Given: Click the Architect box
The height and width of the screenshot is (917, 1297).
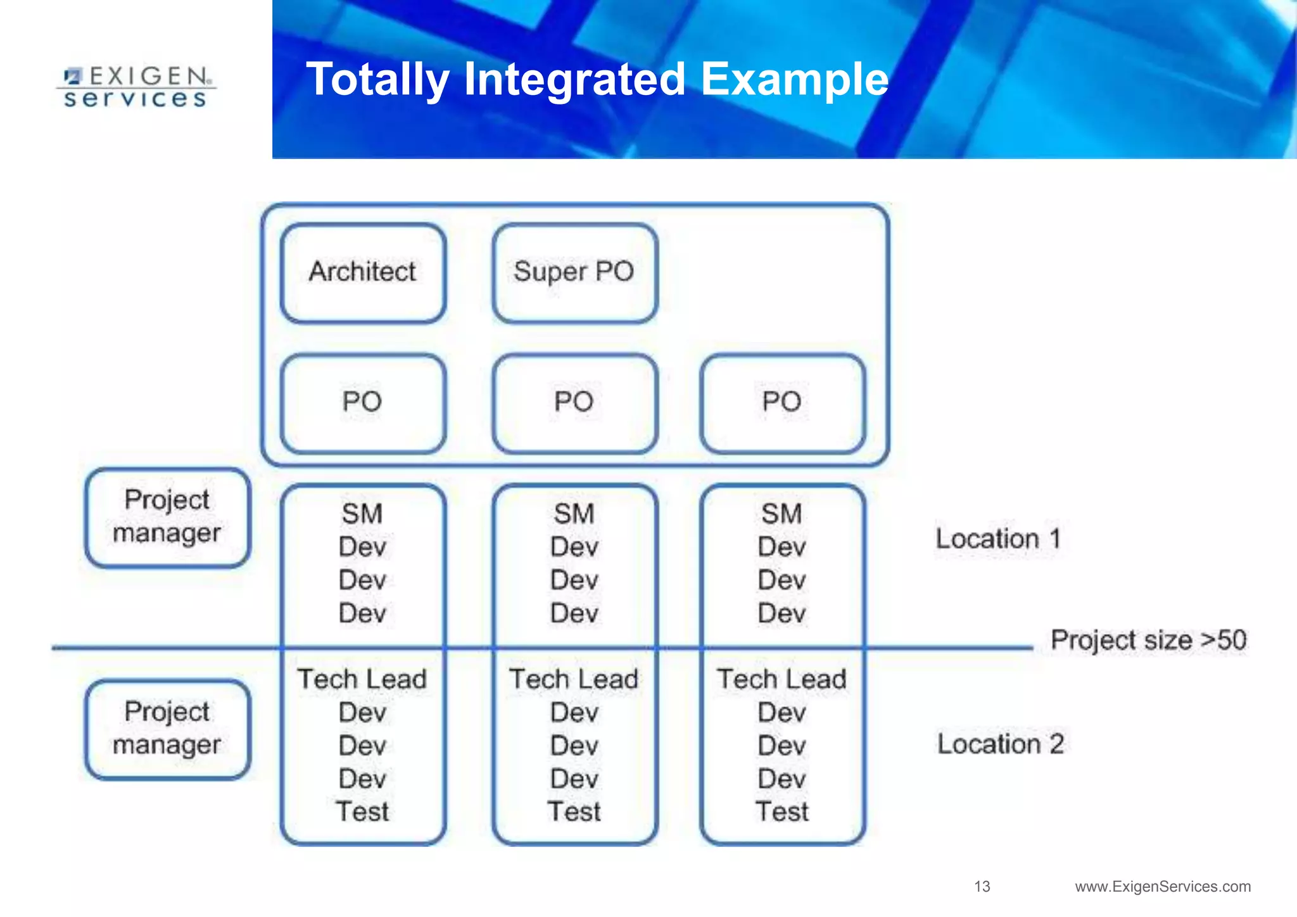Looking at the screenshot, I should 363,273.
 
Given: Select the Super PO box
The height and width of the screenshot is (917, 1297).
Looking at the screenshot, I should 574,273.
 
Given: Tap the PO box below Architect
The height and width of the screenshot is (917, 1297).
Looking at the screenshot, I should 363,403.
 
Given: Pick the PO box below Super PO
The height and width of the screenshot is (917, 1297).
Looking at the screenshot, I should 574,403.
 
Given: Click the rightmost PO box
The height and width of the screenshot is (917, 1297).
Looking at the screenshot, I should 782,403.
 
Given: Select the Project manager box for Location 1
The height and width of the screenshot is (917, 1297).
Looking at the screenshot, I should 168,517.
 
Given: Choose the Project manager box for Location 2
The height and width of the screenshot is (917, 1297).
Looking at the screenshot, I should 168,729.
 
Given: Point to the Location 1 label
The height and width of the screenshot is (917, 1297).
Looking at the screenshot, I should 998,539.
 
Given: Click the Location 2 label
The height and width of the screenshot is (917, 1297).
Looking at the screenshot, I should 1000,744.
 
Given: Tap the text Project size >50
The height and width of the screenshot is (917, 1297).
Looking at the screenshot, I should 1148,640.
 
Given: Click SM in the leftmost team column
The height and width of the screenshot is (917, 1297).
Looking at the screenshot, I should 362,514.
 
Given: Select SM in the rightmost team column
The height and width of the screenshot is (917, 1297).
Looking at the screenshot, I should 781,514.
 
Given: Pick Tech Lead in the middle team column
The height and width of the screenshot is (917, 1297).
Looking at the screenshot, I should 574,680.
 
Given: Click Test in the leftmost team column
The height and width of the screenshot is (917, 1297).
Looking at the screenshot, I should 362,812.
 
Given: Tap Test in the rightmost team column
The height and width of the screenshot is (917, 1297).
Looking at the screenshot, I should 781,812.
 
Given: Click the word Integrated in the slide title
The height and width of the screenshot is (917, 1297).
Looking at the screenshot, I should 574,80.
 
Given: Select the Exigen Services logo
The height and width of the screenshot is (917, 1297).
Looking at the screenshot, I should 137,87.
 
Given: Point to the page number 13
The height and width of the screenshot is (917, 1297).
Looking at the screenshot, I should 982,887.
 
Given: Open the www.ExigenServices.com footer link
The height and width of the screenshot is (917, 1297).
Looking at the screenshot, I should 1163,887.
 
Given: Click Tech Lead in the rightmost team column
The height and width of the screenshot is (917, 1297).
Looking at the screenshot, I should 781,680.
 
